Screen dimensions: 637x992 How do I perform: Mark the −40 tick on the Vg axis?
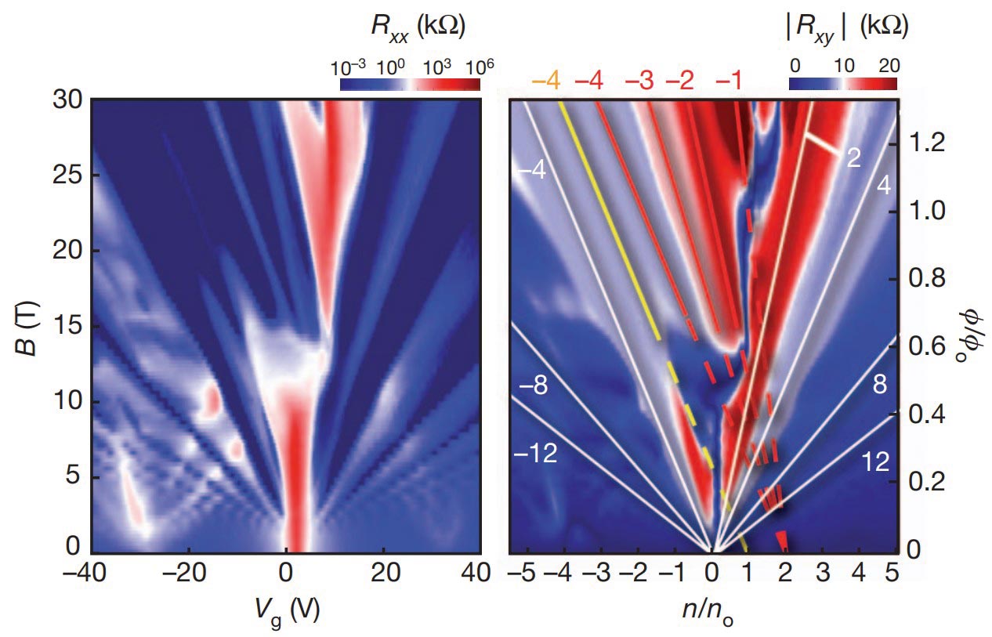(89, 574)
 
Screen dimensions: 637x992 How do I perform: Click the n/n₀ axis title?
(711, 612)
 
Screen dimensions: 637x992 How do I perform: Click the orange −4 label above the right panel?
(545, 81)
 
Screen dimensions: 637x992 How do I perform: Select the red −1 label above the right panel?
(729, 81)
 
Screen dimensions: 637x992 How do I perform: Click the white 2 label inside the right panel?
(853, 159)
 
